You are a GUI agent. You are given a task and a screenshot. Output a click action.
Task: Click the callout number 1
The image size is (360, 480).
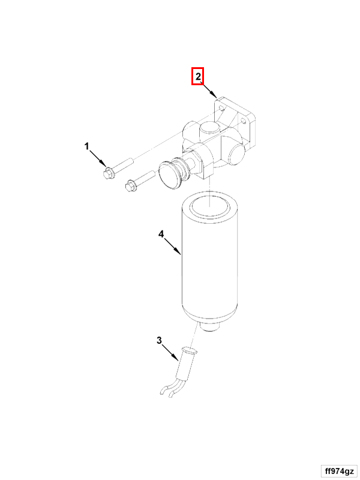[87, 146]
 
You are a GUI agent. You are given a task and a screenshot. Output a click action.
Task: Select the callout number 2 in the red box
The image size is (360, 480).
[198, 76]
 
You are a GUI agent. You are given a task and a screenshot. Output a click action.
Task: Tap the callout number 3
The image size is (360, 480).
[159, 340]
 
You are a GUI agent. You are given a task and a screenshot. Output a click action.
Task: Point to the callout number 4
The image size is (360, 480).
[161, 234]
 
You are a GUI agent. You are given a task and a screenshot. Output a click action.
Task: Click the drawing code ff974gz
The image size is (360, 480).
[339, 471]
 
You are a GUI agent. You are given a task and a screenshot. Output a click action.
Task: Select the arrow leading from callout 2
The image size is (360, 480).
[209, 89]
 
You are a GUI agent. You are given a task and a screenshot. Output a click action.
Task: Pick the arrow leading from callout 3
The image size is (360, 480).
[170, 352]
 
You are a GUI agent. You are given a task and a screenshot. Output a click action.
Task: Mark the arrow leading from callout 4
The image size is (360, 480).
[173, 247]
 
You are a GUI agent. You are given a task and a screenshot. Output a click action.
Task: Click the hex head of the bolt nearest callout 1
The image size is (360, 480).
[109, 173]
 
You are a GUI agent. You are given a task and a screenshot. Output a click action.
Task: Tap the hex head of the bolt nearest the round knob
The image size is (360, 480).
[131, 185]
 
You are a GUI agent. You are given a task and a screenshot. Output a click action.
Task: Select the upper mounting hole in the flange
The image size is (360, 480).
[221, 107]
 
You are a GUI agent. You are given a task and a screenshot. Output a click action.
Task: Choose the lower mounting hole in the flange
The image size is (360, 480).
[244, 122]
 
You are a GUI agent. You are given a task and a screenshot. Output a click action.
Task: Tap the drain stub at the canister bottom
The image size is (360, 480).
[211, 326]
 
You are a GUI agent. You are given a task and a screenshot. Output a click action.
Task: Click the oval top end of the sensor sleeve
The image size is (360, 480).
[190, 350]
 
